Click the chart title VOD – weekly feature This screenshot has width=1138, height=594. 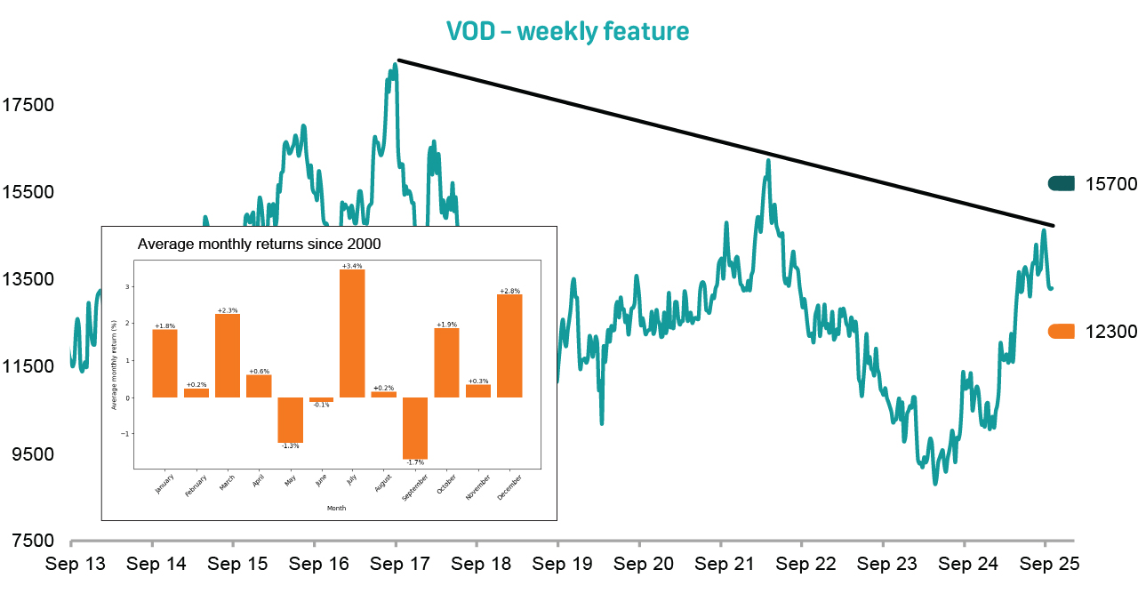[x=567, y=31]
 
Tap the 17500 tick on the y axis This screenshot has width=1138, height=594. [x=28, y=105]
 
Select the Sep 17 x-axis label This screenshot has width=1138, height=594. [x=396, y=564]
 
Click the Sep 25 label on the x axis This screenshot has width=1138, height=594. [x=1048, y=564]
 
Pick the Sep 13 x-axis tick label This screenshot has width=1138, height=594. [x=76, y=564]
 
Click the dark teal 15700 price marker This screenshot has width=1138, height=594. [x=1062, y=183]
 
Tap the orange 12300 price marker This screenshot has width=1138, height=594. [x=1062, y=331]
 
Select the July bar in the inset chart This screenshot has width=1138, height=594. [x=352, y=333]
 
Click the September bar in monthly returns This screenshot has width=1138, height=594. [x=415, y=428]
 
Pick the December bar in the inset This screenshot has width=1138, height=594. [x=509, y=346]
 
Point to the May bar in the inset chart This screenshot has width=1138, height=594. [x=290, y=420]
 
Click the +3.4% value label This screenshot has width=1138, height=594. [x=352, y=266]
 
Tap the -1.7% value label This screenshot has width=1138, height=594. [x=415, y=462]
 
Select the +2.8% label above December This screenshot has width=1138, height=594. [x=509, y=291]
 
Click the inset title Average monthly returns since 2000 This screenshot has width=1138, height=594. [x=264, y=244]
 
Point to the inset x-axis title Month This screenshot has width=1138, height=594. [x=336, y=508]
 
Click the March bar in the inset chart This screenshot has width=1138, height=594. [x=228, y=356]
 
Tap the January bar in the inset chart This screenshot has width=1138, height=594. [x=164, y=364]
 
